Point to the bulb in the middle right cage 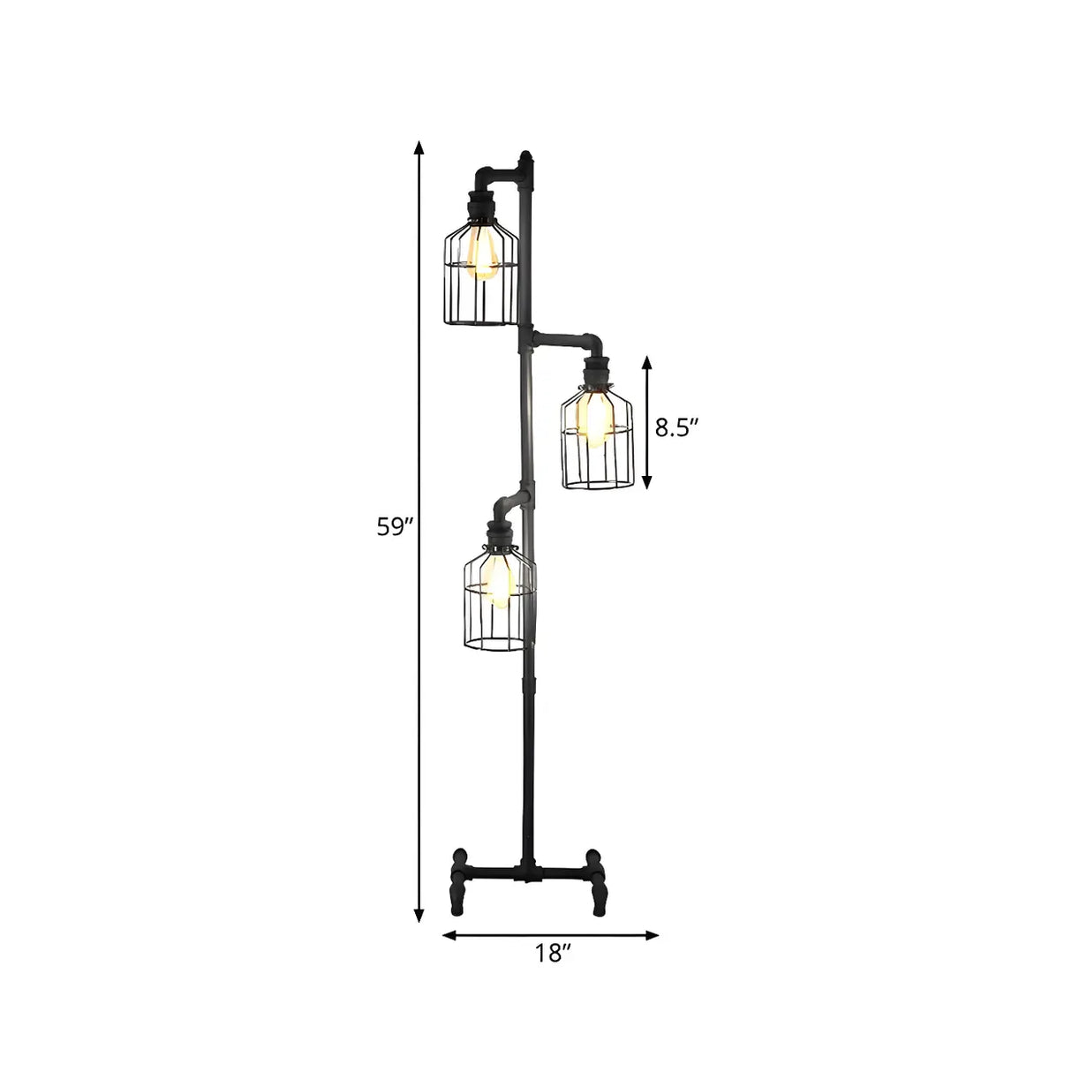coord(595,416)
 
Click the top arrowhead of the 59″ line coord(420,147)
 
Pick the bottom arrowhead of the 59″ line coord(420,921)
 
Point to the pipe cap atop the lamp coord(527,160)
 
